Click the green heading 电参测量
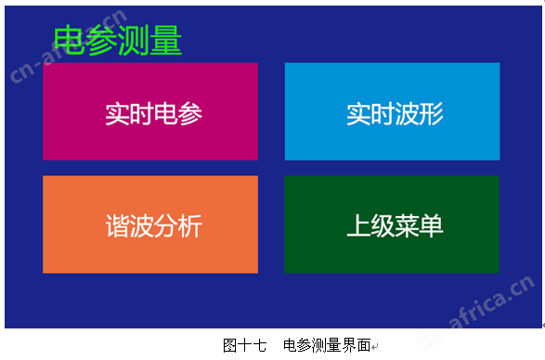tap(118, 41)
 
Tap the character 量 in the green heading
tap(166, 41)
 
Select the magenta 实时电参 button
tap(150, 111)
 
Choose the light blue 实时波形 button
tap(393, 111)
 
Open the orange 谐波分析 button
tap(150, 225)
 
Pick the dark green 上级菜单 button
tap(392, 225)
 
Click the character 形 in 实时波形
tap(432, 113)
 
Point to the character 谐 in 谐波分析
tap(118, 225)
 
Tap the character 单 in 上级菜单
tap(432, 225)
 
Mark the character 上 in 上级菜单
tap(358, 225)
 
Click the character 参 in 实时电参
tap(190, 113)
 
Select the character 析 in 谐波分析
tap(190, 225)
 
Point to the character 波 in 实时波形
tap(407, 113)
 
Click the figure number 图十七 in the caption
tap(245, 345)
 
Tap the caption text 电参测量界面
tap(327, 345)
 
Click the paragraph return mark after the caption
tap(375, 347)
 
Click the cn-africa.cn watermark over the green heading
tap(69, 45)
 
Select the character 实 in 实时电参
tap(118, 113)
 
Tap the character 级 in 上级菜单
tap(383, 225)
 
